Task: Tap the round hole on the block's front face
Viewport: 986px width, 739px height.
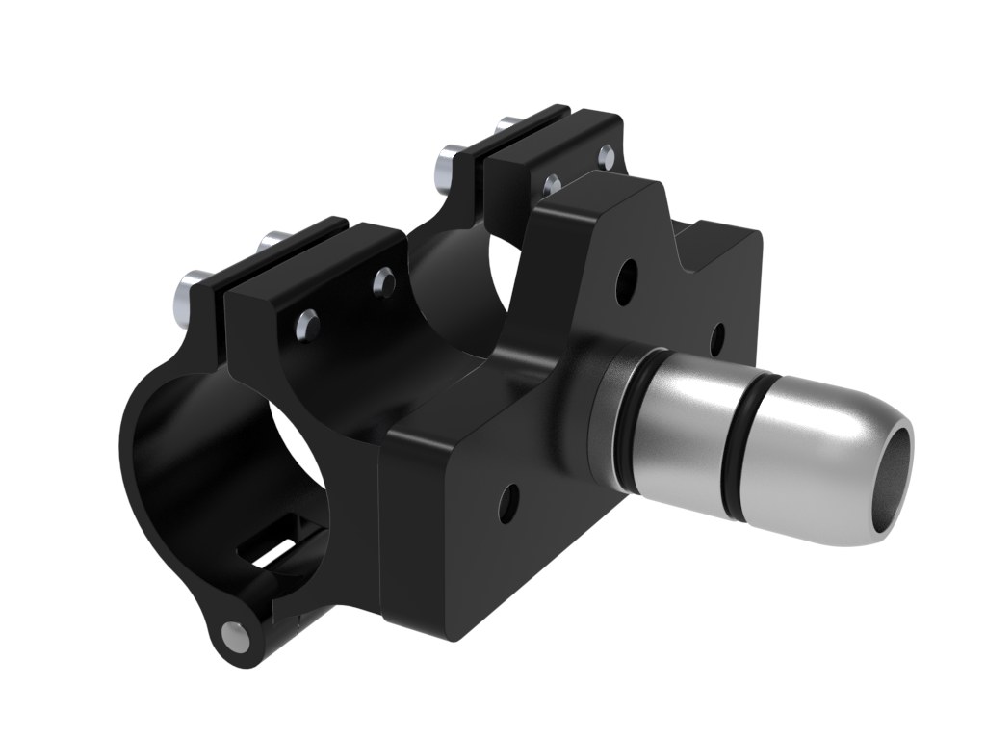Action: click(508, 499)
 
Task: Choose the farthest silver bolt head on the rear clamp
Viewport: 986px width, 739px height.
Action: click(504, 126)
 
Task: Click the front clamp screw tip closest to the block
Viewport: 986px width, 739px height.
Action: click(383, 281)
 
